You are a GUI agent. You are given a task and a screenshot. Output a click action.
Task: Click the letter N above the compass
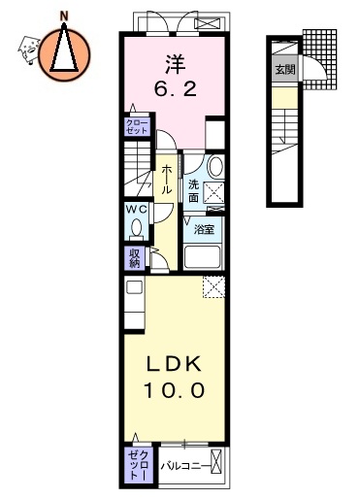click(x=65, y=15)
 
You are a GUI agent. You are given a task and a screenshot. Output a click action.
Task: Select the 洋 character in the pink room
click(x=175, y=64)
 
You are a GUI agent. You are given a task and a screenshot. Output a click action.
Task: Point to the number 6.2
click(x=175, y=89)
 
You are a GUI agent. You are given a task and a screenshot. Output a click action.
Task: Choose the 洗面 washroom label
click(x=194, y=190)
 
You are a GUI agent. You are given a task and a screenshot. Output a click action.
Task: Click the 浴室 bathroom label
click(x=204, y=230)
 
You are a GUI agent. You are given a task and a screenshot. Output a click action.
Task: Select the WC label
click(x=135, y=208)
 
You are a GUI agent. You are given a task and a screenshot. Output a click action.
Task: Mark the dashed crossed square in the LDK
click(x=214, y=286)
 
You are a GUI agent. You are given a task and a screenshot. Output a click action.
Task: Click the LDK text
click(x=175, y=364)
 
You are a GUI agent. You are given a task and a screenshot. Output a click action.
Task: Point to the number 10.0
click(x=175, y=390)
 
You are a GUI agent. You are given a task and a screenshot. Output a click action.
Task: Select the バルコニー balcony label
click(x=182, y=465)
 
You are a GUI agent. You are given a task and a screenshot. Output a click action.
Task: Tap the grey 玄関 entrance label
click(x=284, y=70)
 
